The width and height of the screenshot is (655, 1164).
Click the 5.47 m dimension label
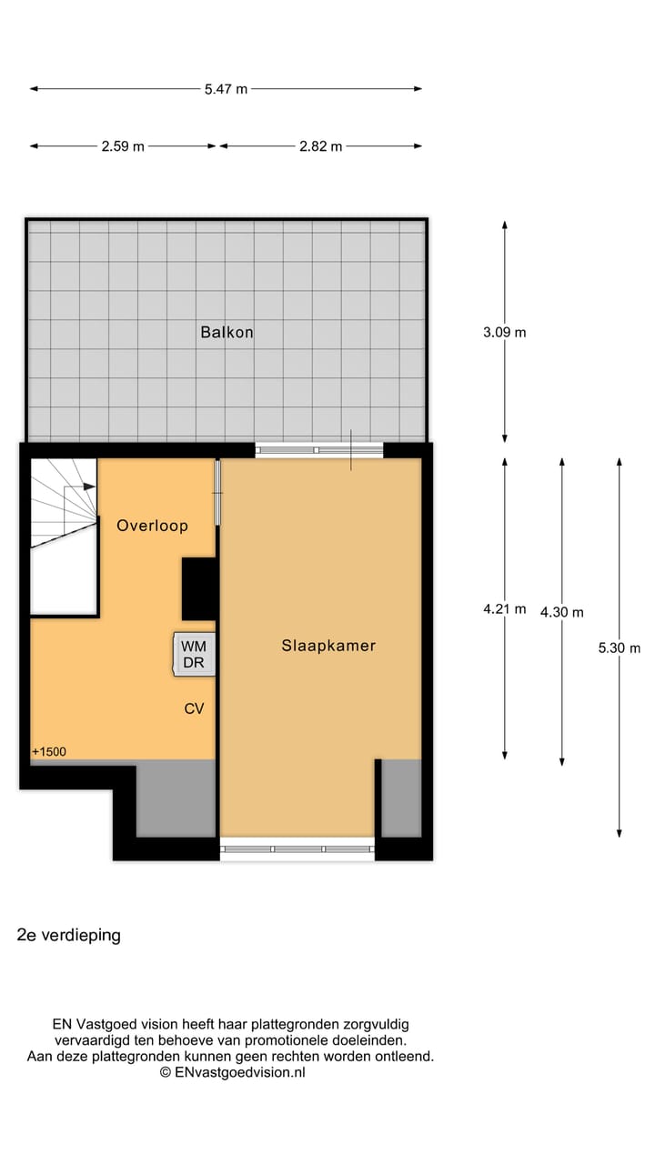pos(227,89)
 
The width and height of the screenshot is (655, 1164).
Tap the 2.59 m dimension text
pos(123,146)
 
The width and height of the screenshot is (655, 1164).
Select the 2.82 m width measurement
pos(321,146)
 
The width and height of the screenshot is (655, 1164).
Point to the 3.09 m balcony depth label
pos(505,333)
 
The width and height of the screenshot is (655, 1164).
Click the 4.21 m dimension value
pos(505,609)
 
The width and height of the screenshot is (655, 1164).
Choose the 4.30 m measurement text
pos(562,612)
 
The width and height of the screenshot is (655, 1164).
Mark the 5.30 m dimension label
pos(620,648)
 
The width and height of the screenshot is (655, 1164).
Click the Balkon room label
pos(227,333)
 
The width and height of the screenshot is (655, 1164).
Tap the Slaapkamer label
pos(328,646)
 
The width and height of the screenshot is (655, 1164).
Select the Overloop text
pos(152,526)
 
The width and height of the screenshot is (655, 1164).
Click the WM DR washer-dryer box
pos(195,655)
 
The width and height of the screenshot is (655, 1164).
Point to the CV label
pos(194,709)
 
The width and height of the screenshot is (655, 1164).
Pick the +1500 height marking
pos(49,752)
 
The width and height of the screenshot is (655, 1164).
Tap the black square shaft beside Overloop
pos(198,588)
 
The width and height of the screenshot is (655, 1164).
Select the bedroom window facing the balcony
pos(318,449)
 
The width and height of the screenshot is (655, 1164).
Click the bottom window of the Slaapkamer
pos(297,849)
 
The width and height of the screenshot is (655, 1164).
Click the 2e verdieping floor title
pos(69,935)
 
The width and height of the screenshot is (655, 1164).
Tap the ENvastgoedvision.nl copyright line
pos(233,1073)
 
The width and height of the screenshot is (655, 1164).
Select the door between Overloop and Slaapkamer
pos(217,493)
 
